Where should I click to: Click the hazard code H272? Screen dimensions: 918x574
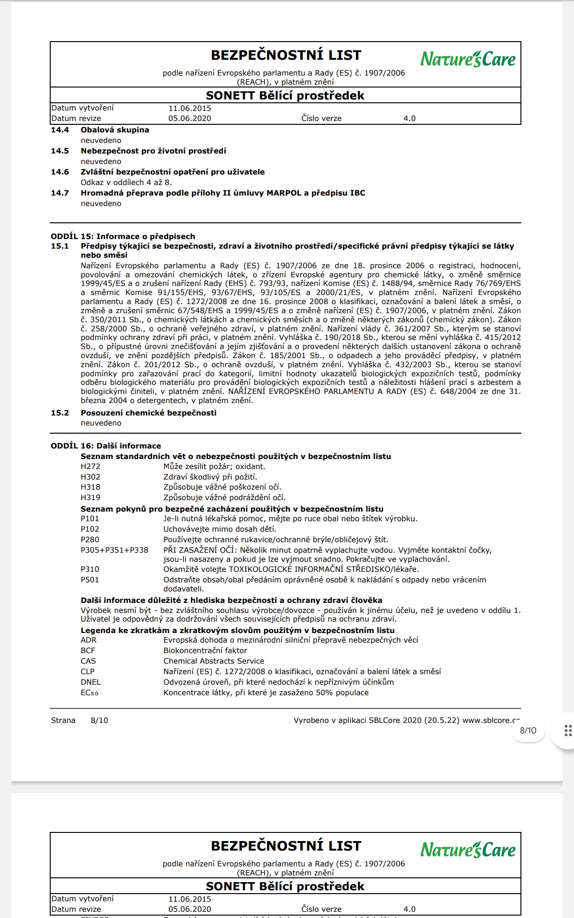(x=90, y=467)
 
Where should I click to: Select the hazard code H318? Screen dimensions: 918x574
(x=90, y=487)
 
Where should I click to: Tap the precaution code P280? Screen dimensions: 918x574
(x=90, y=540)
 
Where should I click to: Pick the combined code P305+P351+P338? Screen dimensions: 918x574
(x=114, y=550)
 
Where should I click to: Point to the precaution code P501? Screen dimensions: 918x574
(x=90, y=580)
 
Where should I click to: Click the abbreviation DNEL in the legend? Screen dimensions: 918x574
(x=90, y=682)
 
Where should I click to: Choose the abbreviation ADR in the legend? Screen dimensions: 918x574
(x=88, y=640)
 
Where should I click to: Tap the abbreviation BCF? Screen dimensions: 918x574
(x=88, y=651)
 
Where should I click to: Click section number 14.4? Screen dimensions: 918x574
(x=60, y=130)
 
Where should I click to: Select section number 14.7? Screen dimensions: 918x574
(x=60, y=193)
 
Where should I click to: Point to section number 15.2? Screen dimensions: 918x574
(x=60, y=413)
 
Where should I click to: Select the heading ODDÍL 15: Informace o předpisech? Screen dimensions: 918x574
(x=123, y=237)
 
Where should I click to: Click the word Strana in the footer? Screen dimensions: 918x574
(x=63, y=721)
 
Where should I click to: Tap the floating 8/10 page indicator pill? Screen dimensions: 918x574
(x=528, y=731)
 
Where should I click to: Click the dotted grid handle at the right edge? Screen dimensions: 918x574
(x=568, y=731)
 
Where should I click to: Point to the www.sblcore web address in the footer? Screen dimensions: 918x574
(x=491, y=721)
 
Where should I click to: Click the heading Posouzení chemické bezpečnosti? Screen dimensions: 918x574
(x=148, y=413)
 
